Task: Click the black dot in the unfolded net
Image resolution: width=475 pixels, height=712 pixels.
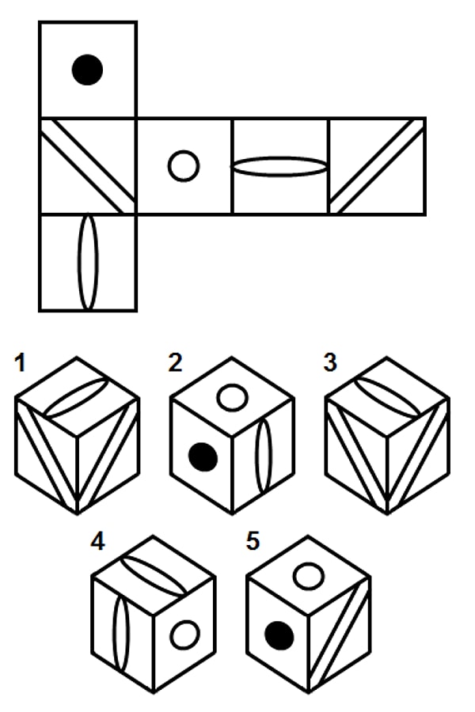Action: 87,70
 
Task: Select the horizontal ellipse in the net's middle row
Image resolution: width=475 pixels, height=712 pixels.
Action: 231,166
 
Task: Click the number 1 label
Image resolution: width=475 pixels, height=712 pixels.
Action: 20,364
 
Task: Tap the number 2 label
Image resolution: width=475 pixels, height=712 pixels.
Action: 176,363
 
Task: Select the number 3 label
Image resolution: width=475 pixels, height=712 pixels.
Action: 330,363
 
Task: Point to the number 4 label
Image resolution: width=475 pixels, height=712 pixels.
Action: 97,541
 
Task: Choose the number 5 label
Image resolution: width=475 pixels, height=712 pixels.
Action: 253,541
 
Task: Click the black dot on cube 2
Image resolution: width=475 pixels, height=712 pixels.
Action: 203,456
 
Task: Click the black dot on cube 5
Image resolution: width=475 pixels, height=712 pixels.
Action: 279,636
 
